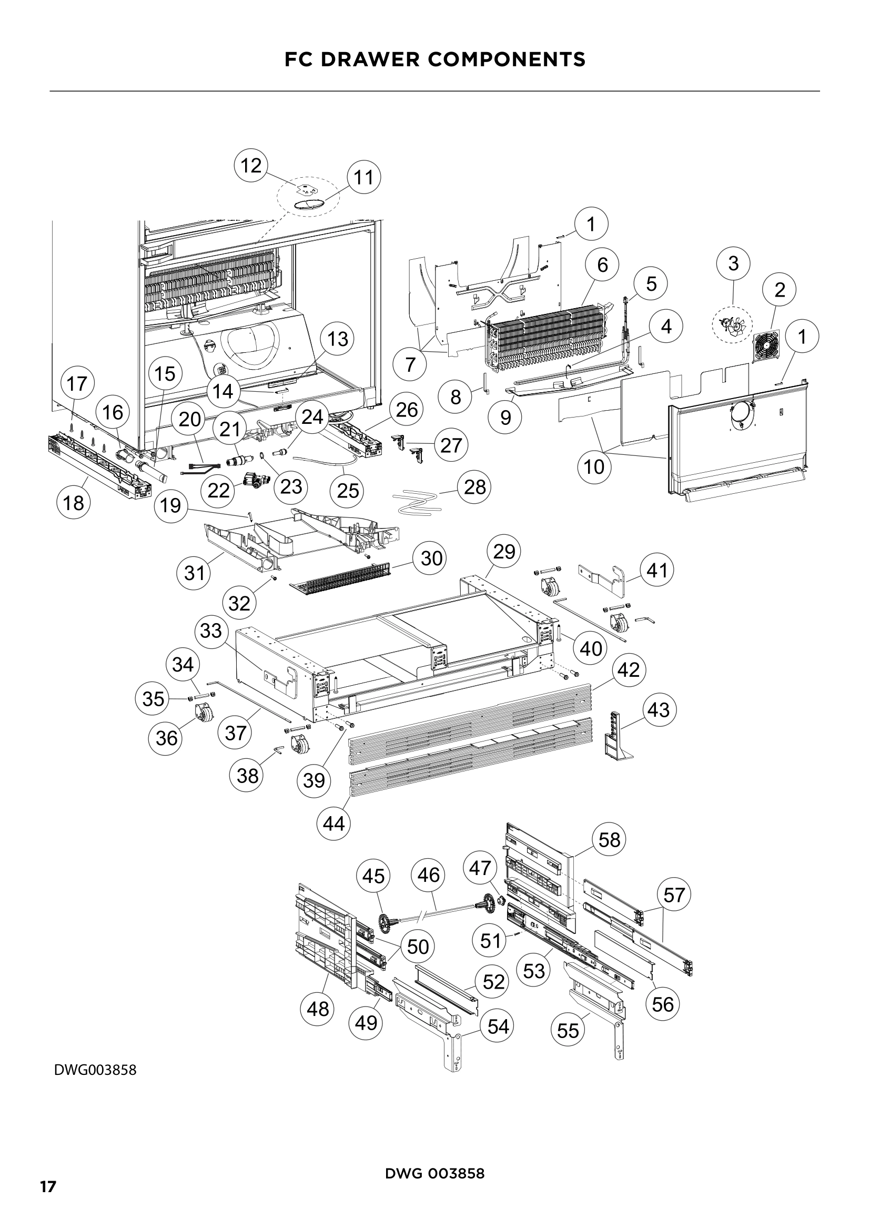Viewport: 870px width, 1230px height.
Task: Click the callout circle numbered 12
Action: [251, 166]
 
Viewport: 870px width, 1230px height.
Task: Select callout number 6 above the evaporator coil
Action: [602, 265]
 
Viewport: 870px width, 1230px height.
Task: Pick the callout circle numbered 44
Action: [334, 823]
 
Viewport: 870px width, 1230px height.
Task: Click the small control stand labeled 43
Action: [617, 737]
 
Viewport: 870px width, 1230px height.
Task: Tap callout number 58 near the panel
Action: [609, 839]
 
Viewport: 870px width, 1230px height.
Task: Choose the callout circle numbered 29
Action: [503, 551]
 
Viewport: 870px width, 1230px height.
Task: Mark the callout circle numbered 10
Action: [594, 466]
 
